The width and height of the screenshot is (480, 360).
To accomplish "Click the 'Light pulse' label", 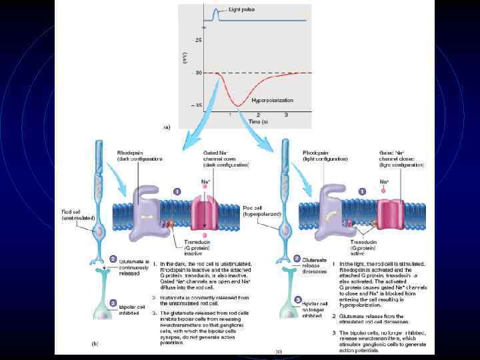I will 241,10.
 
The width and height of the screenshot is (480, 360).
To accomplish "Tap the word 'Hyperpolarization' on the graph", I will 272,100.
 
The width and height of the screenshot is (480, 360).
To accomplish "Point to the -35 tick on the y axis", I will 198,105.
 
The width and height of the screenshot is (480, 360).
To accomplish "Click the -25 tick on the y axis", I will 198,40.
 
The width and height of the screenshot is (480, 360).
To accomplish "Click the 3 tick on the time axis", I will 286,115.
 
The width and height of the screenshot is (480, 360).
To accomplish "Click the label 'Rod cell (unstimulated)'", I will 73,215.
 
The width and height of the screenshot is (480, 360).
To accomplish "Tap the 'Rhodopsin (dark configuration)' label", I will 137,156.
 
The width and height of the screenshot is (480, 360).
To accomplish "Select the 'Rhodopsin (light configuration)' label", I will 325,156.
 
